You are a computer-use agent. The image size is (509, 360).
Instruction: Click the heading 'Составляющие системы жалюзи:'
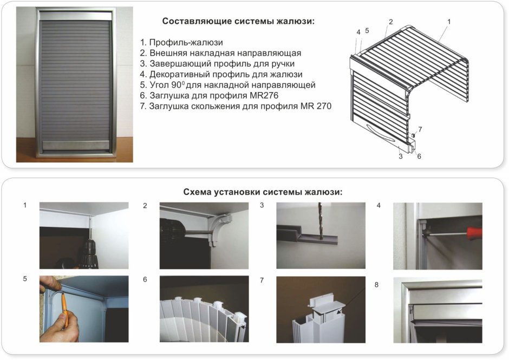click(x=238, y=22)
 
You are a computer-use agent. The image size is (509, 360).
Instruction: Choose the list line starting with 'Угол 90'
click(x=227, y=85)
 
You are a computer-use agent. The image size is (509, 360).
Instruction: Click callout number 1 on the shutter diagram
click(x=449, y=22)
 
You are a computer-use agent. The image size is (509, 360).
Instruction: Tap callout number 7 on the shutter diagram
click(x=420, y=129)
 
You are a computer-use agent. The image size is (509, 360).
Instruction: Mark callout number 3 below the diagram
click(x=400, y=156)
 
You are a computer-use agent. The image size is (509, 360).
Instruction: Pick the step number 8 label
click(x=376, y=284)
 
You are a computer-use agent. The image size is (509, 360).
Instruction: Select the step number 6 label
click(x=145, y=280)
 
